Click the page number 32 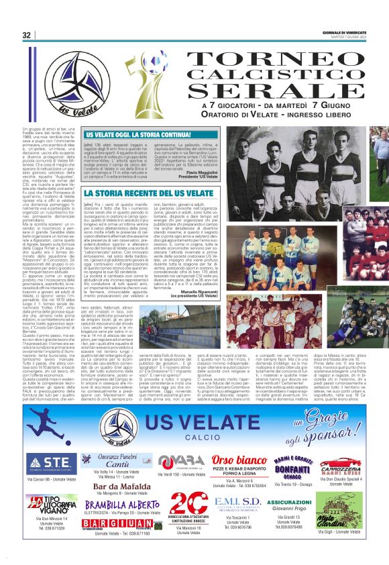pos(27,35)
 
